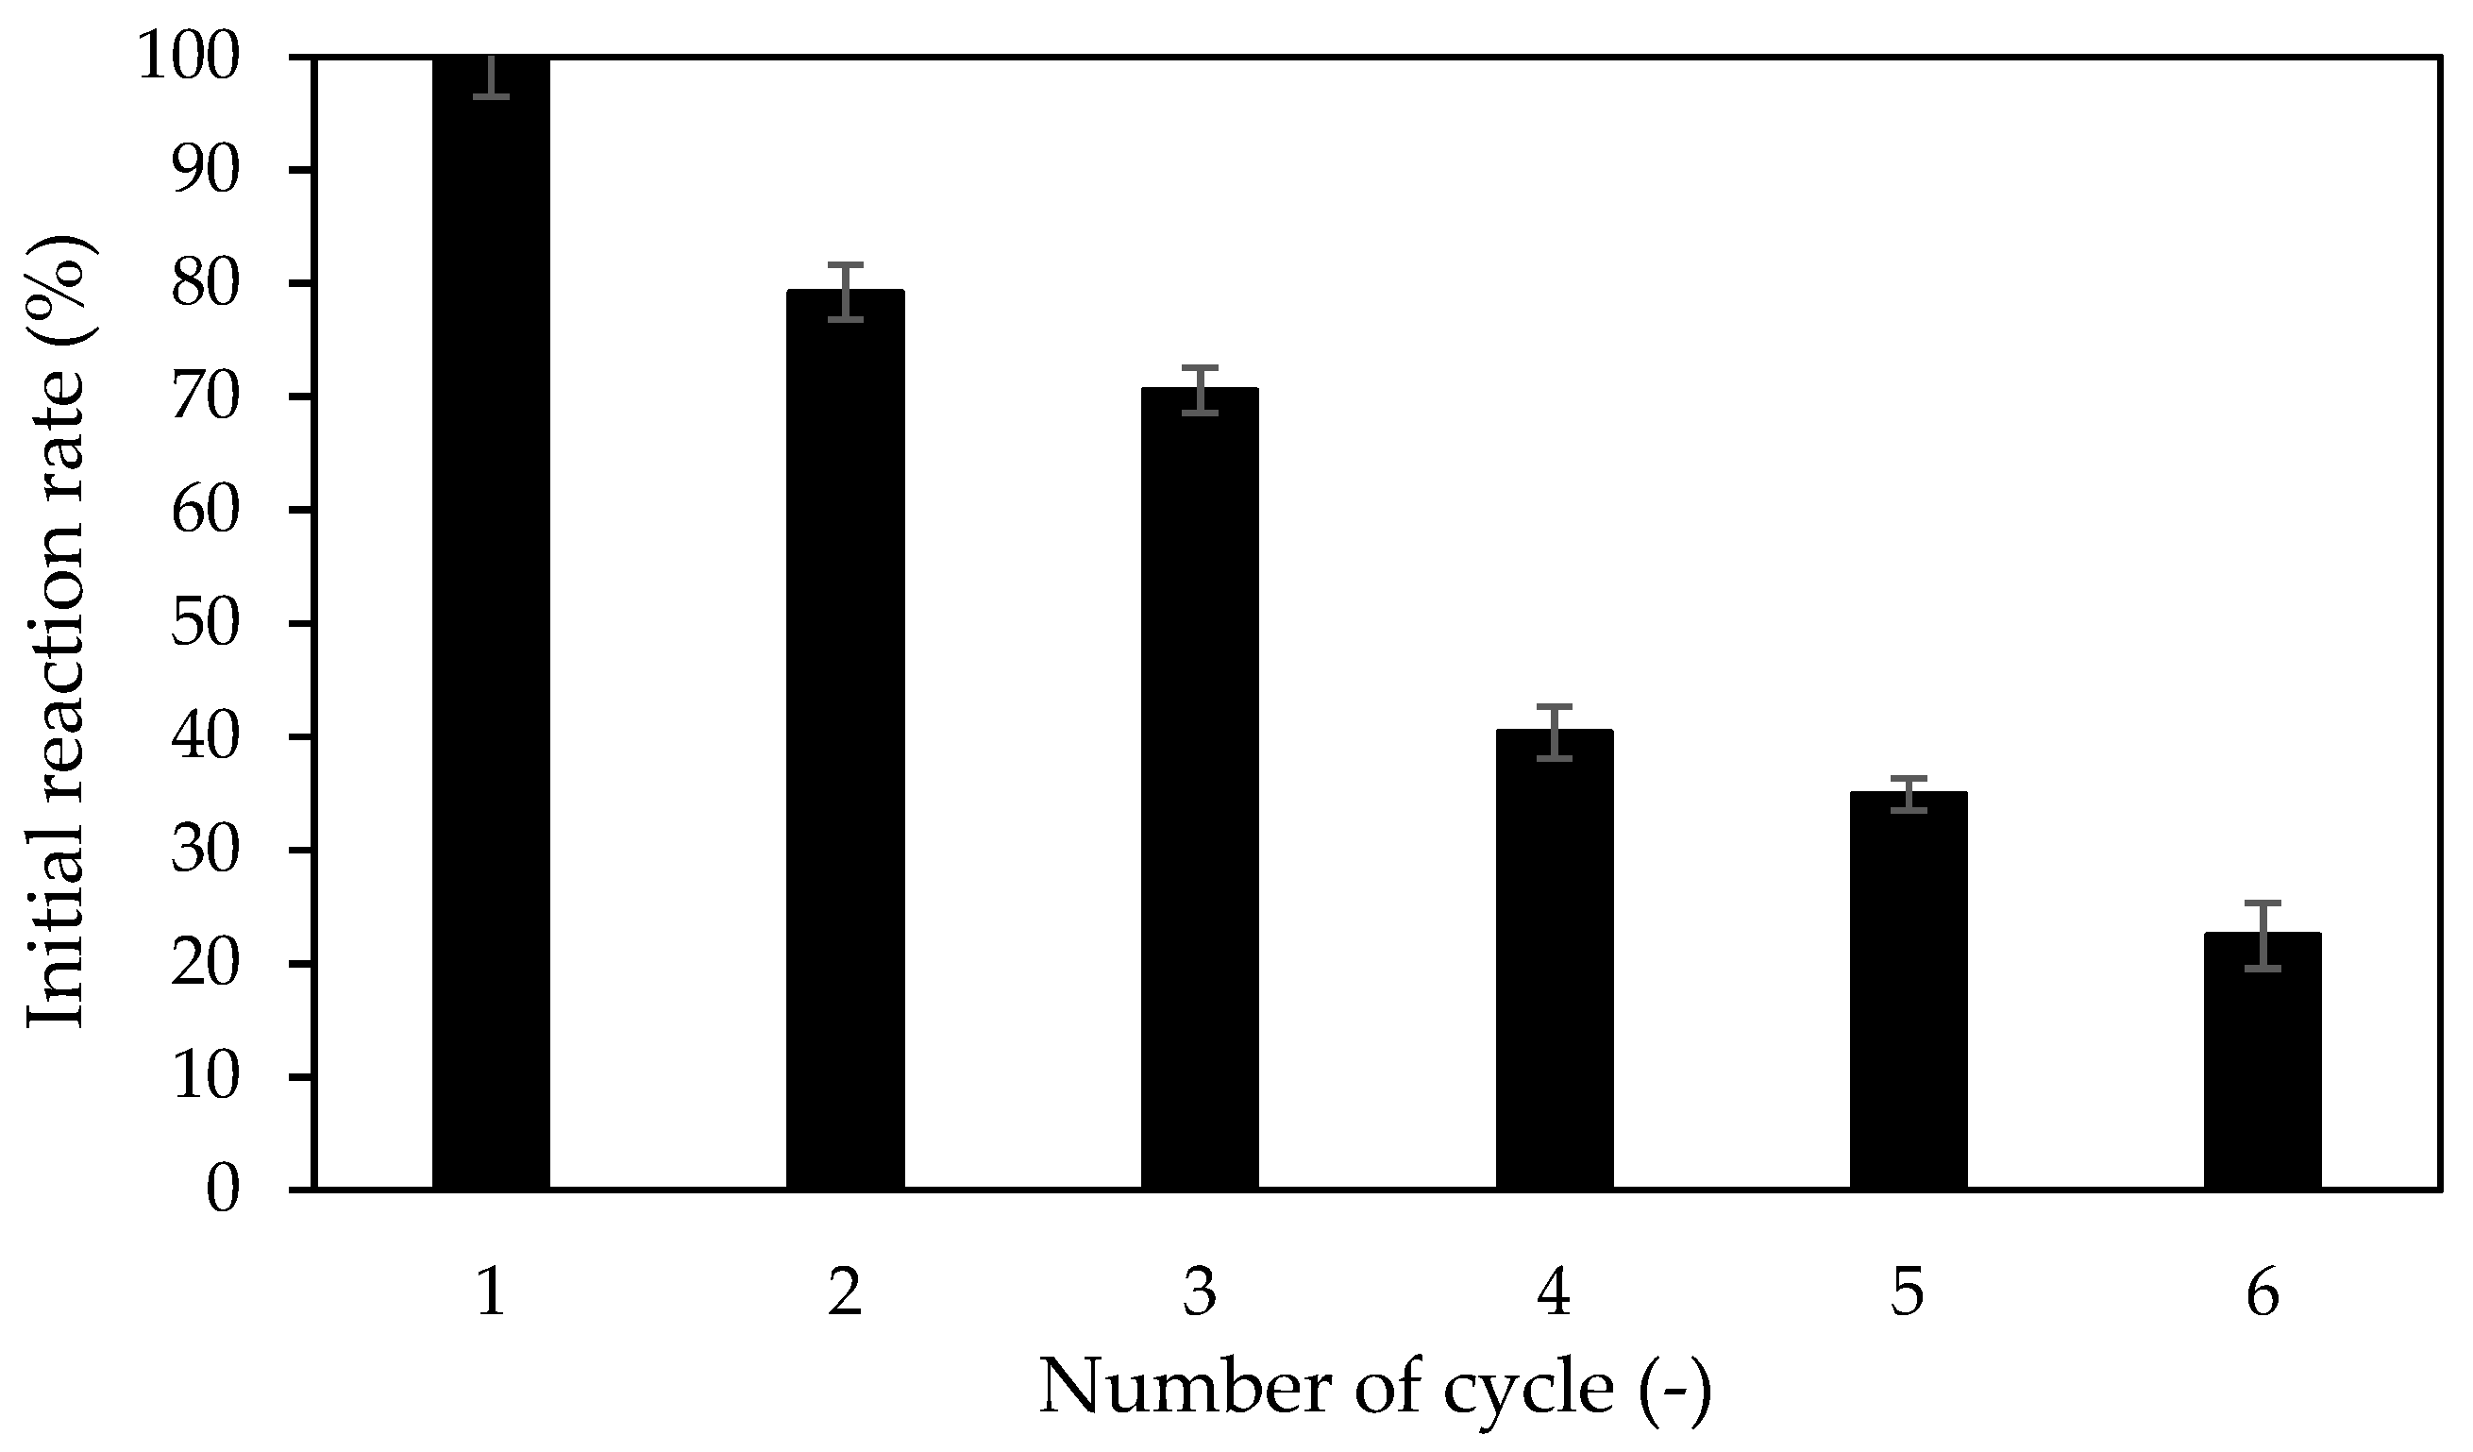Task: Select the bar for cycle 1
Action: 491,629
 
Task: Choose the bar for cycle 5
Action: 1909,991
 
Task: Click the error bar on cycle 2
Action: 845,292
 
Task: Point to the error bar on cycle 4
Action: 1555,733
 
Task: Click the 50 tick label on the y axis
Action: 205,624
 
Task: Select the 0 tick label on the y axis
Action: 223,1190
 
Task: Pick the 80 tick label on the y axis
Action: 205,285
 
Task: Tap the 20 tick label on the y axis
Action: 205,964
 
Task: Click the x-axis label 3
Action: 1199,1293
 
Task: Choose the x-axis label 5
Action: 1909,1293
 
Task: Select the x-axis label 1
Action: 491,1293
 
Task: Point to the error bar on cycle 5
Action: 1909,794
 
